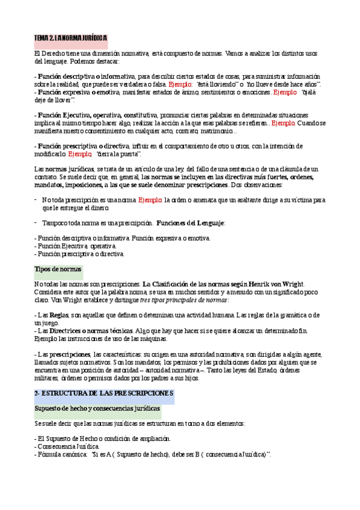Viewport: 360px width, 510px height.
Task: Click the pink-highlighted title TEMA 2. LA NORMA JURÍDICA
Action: pyautogui.click(x=70, y=38)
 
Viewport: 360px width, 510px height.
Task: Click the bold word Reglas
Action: pyautogui.click(x=58, y=315)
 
